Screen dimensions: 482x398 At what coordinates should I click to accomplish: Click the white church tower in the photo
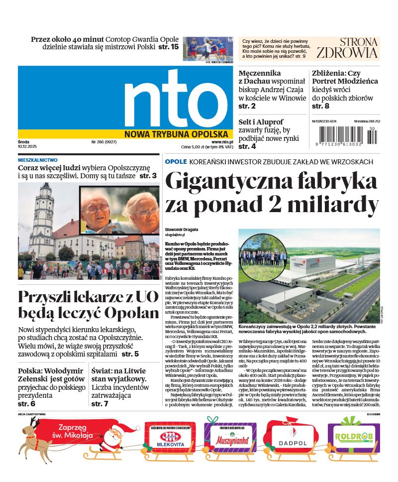click(x=44, y=219)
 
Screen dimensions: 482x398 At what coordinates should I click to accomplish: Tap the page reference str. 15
click(x=168, y=47)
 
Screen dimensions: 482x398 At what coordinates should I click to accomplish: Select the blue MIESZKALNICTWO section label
click(x=37, y=160)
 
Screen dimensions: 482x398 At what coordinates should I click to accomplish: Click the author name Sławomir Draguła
click(x=181, y=229)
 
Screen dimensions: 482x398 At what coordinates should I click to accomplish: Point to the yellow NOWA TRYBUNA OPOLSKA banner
click(x=176, y=134)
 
